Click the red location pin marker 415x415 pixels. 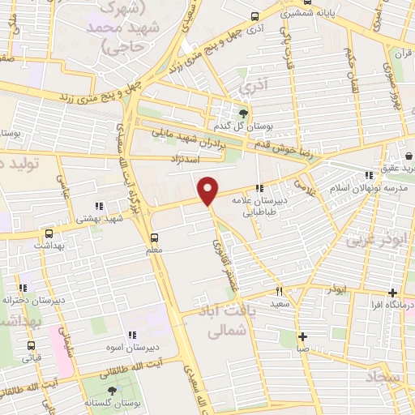pyautogui.click(x=208, y=191)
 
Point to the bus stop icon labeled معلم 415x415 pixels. pyautogui.click(x=154, y=238)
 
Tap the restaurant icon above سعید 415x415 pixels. pyautogui.click(x=280, y=291)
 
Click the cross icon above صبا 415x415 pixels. pyautogui.click(x=302, y=336)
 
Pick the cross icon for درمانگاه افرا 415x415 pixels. pyautogui.click(x=392, y=293)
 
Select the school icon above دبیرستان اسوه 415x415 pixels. pyautogui.click(x=131, y=336)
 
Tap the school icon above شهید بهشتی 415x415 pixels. pyautogui.click(x=100, y=206)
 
